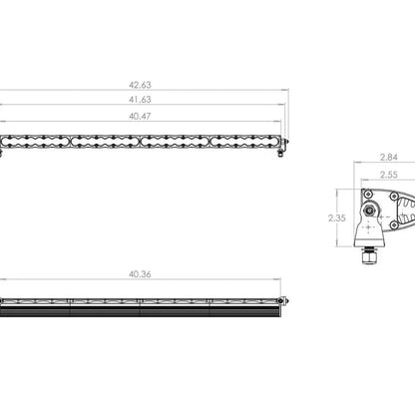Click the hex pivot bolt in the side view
[x=372, y=212]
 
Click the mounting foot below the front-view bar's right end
[x=282, y=152]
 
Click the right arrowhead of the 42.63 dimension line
[x=285, y=96]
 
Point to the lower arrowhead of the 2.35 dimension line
[x=354, y=244]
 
